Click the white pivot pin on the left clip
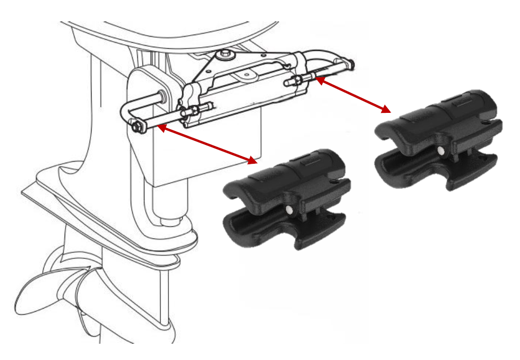289,209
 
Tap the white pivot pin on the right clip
440,151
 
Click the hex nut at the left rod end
136,127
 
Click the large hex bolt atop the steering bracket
224,54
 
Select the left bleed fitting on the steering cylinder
192,110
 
